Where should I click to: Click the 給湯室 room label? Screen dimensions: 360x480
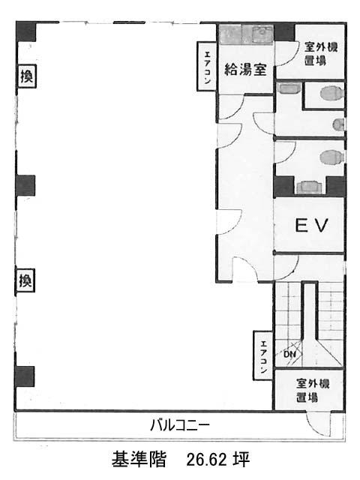tap(245, 70)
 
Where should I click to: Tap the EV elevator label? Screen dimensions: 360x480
tap(311, 225)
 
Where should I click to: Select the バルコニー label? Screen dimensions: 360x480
tap(180, 425)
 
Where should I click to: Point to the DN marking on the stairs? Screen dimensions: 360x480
tap(289, 354)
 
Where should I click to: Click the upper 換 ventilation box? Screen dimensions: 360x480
tap(27, 76)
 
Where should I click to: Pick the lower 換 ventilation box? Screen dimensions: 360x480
tap(25, 280)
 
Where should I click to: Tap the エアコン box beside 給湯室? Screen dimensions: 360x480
tap(207, 67)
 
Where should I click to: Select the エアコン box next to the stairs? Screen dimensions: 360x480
tap(263, 355)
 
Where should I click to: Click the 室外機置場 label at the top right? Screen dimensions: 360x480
tap(320, 54)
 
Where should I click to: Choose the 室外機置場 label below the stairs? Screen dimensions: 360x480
tap(313, 390)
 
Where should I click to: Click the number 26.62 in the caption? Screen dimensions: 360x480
tap(208, 459)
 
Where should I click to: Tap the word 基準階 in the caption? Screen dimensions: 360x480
tap(139, 459)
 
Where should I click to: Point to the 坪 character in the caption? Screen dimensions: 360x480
tap(241, 459)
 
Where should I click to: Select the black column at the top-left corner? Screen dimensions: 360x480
tap(26, 31)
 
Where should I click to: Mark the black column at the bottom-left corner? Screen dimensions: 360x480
tap(25, 376)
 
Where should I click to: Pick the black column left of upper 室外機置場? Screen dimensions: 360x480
tap(284, 31)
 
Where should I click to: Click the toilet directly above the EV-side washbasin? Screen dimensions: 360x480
tap(331, 157)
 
